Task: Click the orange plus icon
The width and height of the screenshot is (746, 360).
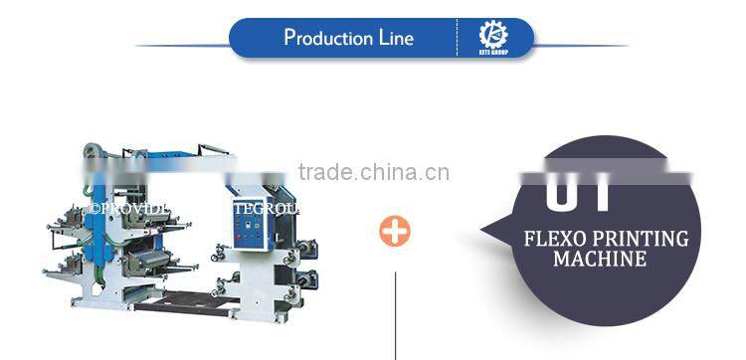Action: click(x=395, y=232)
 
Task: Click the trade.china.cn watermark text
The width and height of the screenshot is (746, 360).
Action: click(x=373, y=173)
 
